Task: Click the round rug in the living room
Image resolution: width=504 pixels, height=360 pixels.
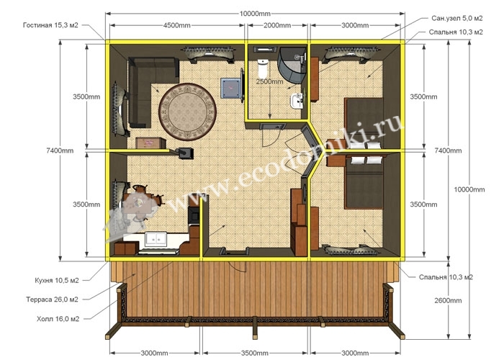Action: tap(187, 112)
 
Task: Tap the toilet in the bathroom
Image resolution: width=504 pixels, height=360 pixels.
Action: tap(263, 67)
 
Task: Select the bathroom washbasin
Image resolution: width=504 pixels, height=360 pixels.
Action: tap(297, 101)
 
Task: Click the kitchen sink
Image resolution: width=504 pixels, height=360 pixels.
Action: tap(156, 239)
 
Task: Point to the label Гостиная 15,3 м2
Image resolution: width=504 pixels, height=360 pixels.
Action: tap(50, 25)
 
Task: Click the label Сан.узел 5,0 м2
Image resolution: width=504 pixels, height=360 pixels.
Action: tap(456, 18)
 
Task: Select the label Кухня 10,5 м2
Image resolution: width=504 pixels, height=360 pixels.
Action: tap(57, 280)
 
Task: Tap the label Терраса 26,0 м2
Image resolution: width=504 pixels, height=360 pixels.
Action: tap(52, 300)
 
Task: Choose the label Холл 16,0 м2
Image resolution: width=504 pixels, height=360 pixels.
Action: tap(58, 319)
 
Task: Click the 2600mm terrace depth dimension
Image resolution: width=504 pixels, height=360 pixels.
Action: tap(448, 300)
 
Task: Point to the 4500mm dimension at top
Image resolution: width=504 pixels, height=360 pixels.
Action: tap(177, 25)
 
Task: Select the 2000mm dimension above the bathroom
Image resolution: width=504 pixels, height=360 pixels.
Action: tap(277, 25)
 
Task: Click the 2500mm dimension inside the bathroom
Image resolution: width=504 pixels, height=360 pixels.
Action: tap(270, 81)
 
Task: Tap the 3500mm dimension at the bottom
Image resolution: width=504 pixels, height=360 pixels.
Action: tap(255, 354)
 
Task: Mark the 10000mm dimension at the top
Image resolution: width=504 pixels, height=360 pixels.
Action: tap(255, 14)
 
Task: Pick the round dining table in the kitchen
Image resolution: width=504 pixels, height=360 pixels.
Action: tap(139, 202)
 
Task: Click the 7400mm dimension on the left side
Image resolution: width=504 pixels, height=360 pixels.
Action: tap(60, 150)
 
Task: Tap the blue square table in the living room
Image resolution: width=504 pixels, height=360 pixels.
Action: tap(230, 88)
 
